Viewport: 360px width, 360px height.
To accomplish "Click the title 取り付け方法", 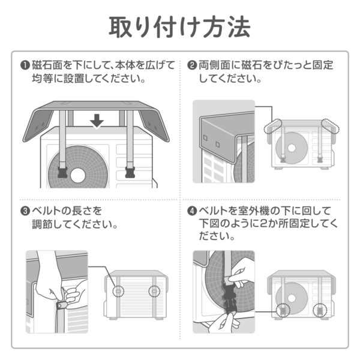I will tap(179, 26).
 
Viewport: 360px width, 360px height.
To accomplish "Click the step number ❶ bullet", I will tap(25, 65).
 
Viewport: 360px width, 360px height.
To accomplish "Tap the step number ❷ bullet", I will tap(193, 65).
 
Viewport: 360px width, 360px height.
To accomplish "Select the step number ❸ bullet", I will tap(25, 211).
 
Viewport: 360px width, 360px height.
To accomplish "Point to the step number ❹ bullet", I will tap(193, 211).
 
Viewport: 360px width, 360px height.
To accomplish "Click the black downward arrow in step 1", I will tap(97, 122).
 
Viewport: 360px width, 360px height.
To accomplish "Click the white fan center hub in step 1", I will tap(77, 174).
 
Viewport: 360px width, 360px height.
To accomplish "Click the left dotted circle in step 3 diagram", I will tap(119, 291).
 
